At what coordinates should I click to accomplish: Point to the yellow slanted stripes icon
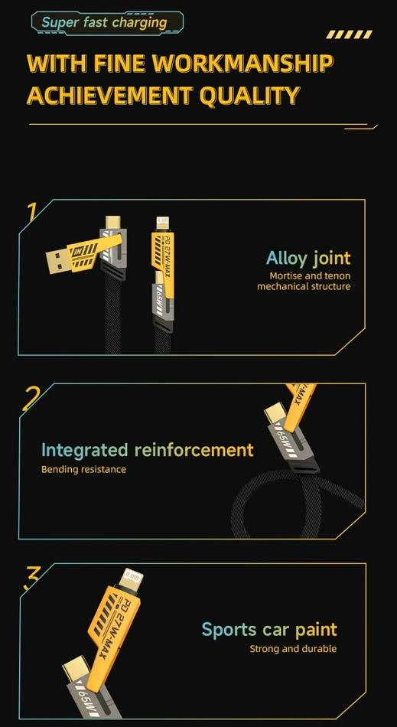(349, 34)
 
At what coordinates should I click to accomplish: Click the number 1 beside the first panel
(31, 212)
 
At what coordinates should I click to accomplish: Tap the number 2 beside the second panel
(31, 397)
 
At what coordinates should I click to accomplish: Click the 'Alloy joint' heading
(308, 258)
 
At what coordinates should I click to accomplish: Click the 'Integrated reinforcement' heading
(147, 449)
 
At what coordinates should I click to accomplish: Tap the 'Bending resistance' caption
(83, 468)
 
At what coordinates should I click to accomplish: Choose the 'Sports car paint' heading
(268, 630)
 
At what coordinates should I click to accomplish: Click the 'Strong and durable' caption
(292, 649)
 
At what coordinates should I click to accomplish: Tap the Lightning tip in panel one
(161, 223)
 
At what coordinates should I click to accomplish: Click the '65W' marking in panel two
(281, 442)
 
